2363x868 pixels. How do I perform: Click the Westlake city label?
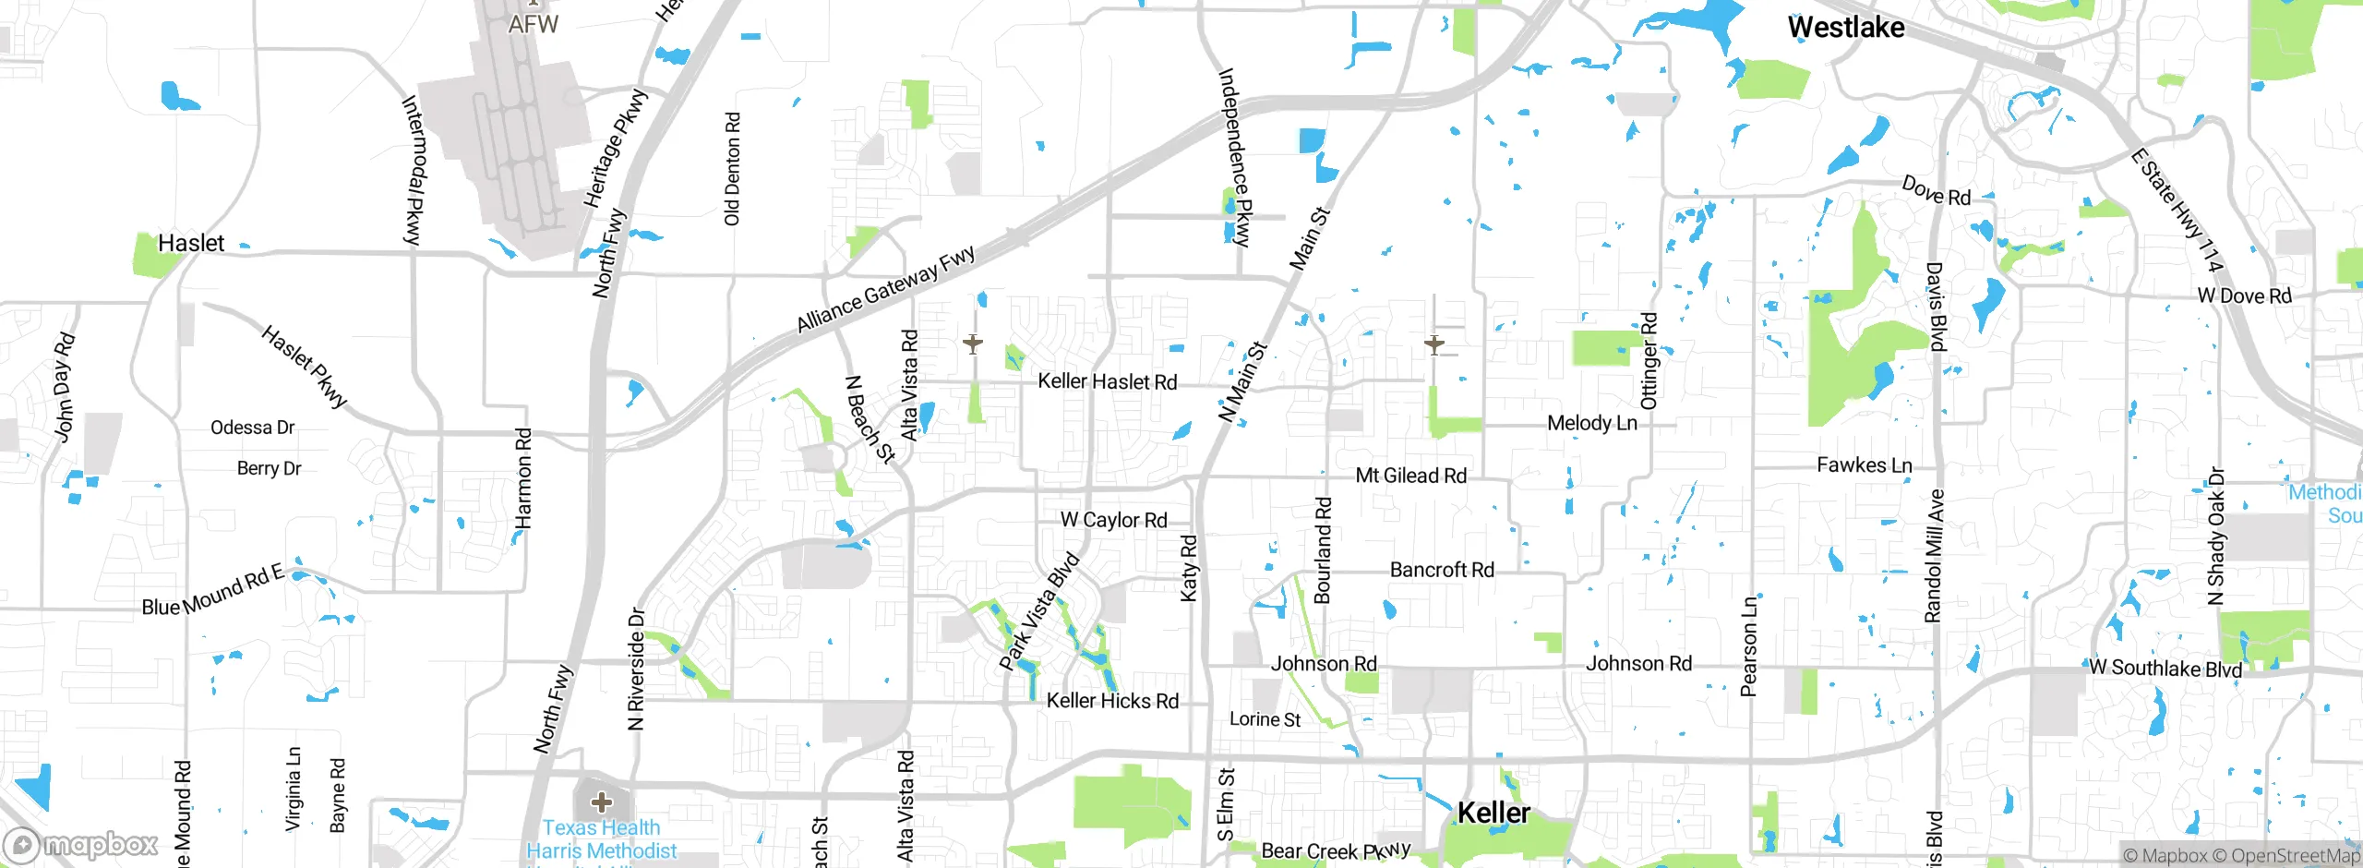(1845, 28)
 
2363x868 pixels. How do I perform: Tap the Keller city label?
(1493, 813)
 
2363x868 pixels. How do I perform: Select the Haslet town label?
(191, 243)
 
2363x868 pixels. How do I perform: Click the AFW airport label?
(534, 24)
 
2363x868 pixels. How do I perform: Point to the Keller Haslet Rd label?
(1107, 381)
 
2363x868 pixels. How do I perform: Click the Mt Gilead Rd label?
(1410, 476)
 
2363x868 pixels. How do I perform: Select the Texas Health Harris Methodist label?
(601, 839)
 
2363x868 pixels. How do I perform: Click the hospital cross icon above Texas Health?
(601, 801)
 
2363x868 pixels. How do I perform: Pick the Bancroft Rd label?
(1442, 570)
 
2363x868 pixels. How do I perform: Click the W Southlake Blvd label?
(2165, 668)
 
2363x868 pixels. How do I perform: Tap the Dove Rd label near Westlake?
(1936, 191)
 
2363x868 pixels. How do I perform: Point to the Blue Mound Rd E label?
(212, 592)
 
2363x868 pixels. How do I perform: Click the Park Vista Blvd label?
(1039, 611)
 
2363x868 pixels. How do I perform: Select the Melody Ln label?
(1591, 423)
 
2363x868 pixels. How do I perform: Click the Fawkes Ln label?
(1864, 464)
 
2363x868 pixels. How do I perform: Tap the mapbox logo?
(81, 844)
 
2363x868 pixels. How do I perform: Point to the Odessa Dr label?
(252, 428)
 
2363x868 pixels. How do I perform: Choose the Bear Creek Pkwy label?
(1336, 850)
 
